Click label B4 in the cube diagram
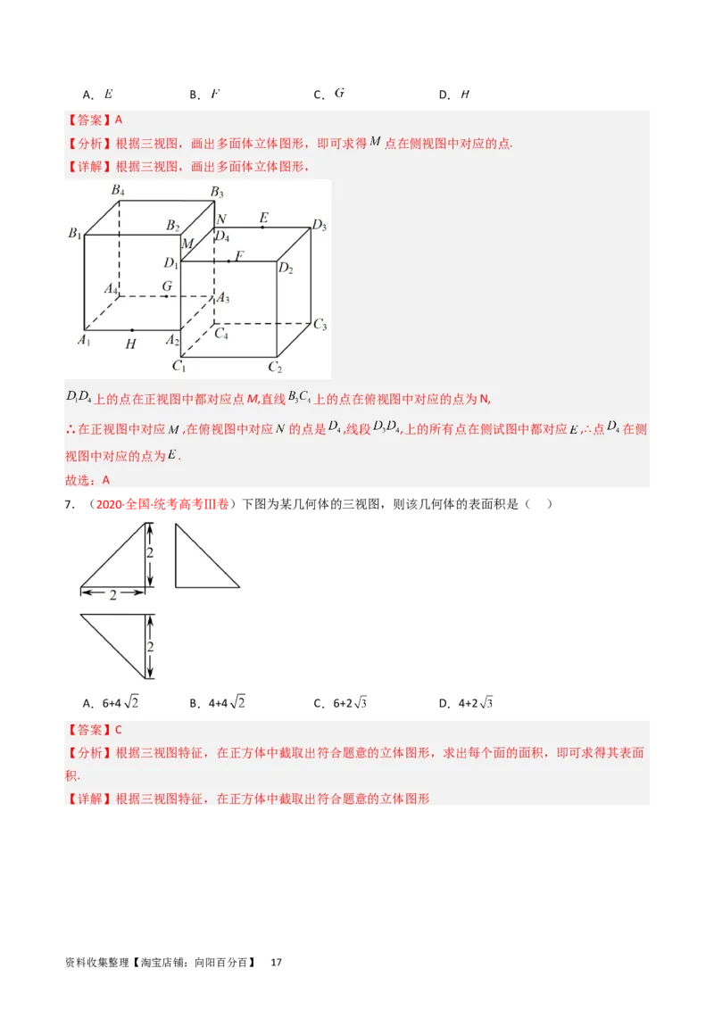(x=118, y=190)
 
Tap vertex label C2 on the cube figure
(x=275, y=367)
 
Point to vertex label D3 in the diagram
(x=319, y=226)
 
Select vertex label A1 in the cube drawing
(x=84, y=340)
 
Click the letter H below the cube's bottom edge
(x=131, y=344)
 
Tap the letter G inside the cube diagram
(x=167, y=286)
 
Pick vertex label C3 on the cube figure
(x=320, y=325)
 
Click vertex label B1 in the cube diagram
(x=75, y=234)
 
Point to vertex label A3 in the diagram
(x=223, y=298)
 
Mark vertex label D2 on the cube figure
(x=286, y=267)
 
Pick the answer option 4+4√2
(x=227, y=703)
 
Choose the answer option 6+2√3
(x=351, y=703)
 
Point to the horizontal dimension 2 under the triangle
(x=113, y=595)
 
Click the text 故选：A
(x=87, y=480)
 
